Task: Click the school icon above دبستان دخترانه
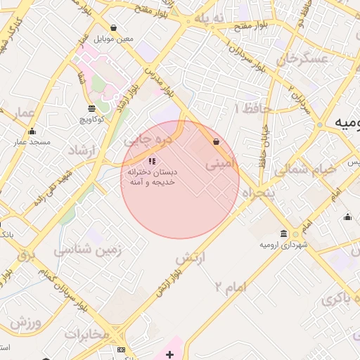tap(153, 162)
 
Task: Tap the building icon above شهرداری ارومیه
tap(283, 233)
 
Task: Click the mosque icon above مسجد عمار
tap(32, 131)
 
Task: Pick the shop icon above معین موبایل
tap(114, 28)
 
